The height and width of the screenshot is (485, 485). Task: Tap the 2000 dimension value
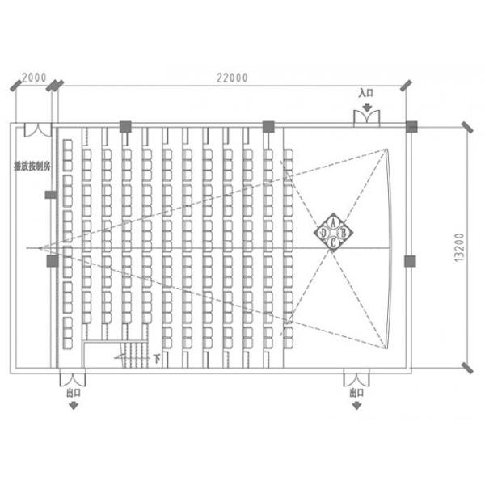pos(33,78)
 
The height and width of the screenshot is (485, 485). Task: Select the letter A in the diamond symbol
pos(333,222)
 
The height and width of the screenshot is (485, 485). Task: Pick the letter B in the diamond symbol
pos(343,233)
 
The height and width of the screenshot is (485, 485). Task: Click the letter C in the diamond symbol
pos(333,242)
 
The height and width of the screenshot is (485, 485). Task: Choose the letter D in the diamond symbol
pos(323,233)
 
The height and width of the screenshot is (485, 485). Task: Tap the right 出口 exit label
pos(356,392)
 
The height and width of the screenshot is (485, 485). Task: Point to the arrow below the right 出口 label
pos(356,405)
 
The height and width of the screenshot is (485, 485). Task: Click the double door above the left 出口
pos(73,377)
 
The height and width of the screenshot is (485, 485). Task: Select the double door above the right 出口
pos(356,377)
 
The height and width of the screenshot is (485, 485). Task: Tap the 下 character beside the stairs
pos(154,356)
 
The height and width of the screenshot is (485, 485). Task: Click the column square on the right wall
pos(411,260)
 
